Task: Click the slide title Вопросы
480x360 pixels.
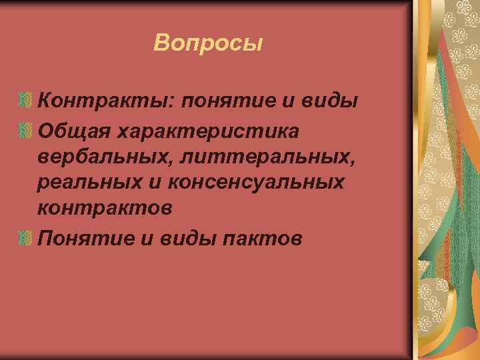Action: pos(208,43)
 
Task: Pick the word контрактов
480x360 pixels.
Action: pos(105,208)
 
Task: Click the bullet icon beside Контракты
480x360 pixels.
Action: pos(25,101)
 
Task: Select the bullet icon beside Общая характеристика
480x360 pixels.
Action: pos(25,128)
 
